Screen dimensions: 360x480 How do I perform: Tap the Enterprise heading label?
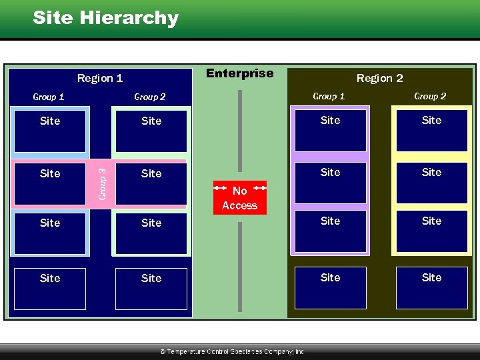click(240, 73)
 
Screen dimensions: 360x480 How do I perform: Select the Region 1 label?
click(100, 78)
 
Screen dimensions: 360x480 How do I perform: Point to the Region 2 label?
click(379, 78)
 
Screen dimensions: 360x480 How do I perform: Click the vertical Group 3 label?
click(102, 183)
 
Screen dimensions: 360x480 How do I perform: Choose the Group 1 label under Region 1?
click(49, 97)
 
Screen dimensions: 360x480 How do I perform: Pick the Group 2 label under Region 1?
click(150, 97)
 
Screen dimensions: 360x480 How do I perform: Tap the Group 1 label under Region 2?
click(329, 96)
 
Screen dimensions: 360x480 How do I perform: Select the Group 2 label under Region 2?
click(430, 96)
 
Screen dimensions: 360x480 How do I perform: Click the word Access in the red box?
click(239, 205)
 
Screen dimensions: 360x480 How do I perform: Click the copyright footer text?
click(232, 351)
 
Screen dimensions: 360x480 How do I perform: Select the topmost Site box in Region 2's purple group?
click(330, 130)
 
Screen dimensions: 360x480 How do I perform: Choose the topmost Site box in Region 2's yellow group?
click(431, 130)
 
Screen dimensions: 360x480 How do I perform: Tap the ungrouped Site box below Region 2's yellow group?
click(431, 288)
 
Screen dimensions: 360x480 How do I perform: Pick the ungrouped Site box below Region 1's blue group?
click(50, 289)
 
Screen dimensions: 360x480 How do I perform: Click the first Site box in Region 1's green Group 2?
click(151, 131)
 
